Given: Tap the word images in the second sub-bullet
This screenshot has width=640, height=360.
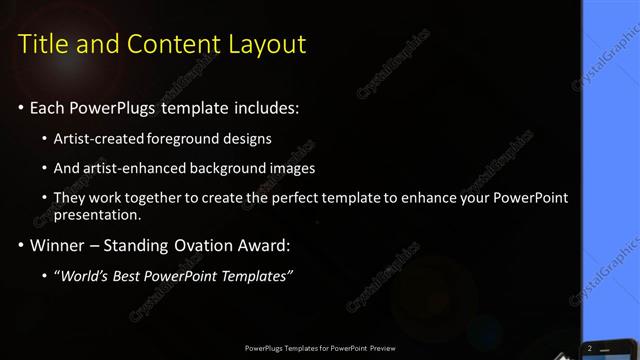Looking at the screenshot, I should (x=292, y=168).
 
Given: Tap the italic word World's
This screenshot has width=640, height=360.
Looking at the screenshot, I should (x=81, y=276).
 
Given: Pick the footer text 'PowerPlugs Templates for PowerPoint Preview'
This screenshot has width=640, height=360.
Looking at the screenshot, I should (x=319, y=348).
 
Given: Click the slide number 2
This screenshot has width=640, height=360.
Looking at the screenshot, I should (x=591, y=347).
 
